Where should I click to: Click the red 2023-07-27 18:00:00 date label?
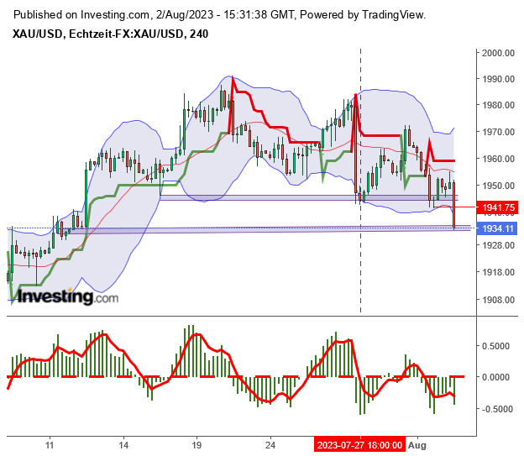tap(359, 445)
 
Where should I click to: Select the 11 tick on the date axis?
tap(50, 445)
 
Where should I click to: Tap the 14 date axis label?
tap(123, 445)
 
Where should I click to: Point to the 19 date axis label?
tap(196, 445)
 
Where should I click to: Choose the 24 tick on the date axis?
tap(269, 445)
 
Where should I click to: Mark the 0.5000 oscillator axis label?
tap(494, 344)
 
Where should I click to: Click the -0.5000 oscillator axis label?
tap(492, 409)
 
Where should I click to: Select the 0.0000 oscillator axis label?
tap(494, 376)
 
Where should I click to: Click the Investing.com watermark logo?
tap(67, 296)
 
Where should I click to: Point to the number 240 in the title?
tap(199, 34)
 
